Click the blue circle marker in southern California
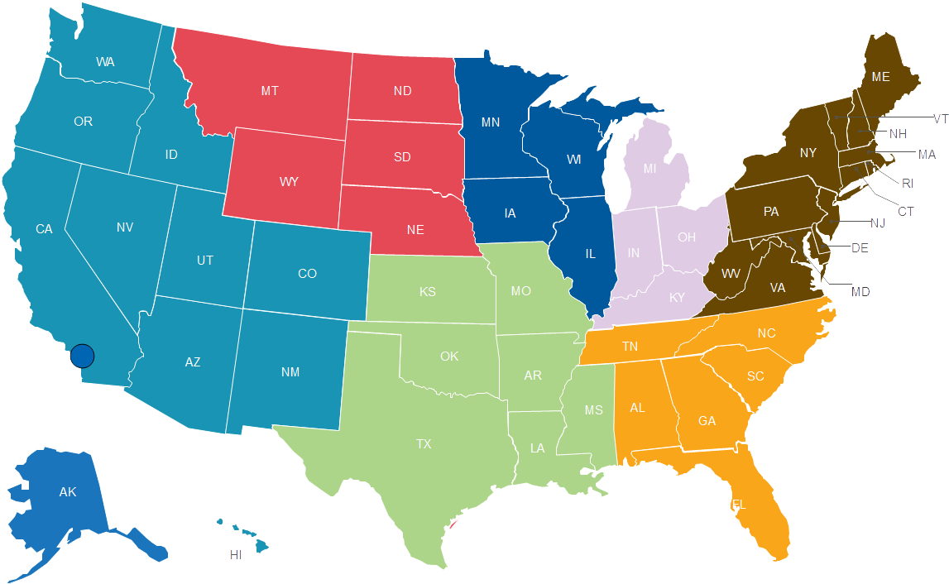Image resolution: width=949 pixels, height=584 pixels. pyautogui.click(x=82, y=356)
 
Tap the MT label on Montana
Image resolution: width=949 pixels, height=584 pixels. pyautogui.click(x=270, y=91)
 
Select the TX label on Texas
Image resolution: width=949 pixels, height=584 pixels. pyautogui.click(x=424, y=444)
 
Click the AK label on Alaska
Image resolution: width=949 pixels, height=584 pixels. pyautogui.click(x=68, y=492)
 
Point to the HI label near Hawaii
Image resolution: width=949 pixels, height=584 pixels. pyautogui.click(x=236, y=555)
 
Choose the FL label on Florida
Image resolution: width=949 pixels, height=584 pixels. pyautogui.click(x=738, y=504)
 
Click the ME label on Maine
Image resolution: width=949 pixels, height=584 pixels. pyautogui.click(x=880, y=77)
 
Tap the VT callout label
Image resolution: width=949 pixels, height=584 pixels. pyautogui.click(x=940, y=119)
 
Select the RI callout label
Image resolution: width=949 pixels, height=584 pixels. pyautogui.click(x=907, y=183)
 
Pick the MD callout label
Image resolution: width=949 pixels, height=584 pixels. pyautogui.click(x=860, y=292)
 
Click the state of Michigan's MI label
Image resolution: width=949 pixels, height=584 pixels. pyautogui.click(x=649, y=169)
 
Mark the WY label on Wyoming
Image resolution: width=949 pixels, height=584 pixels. pyautogui.click(x=289, y=180)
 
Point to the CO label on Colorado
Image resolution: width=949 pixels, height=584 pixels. pyautogui.click(x=307, y=274)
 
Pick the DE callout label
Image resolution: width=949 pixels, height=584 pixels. pyautogui.click(x=860, y=248)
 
